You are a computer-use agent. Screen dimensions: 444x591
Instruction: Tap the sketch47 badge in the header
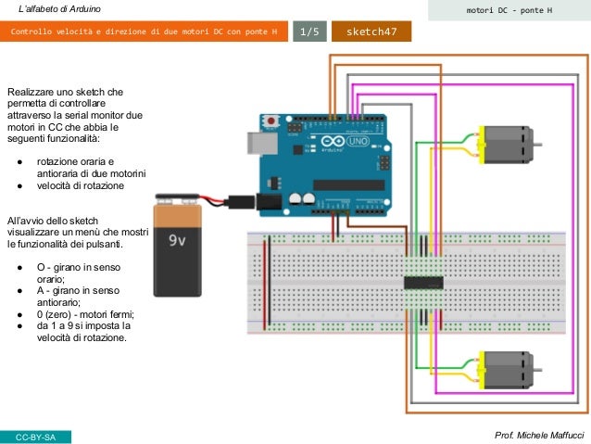point(371,32)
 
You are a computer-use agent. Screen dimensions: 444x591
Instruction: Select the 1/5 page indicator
point(308,32)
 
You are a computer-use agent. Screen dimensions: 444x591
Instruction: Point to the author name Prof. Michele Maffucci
point(539,435)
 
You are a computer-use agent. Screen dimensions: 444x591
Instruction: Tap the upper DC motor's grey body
point(506,145)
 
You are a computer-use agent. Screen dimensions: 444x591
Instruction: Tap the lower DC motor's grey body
point(506,369)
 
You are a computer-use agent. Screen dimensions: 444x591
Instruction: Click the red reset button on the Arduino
point(270,121)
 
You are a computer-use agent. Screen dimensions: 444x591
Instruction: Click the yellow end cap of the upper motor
point(478,145)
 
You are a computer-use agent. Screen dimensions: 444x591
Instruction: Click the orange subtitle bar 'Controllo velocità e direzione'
point(144,32)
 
